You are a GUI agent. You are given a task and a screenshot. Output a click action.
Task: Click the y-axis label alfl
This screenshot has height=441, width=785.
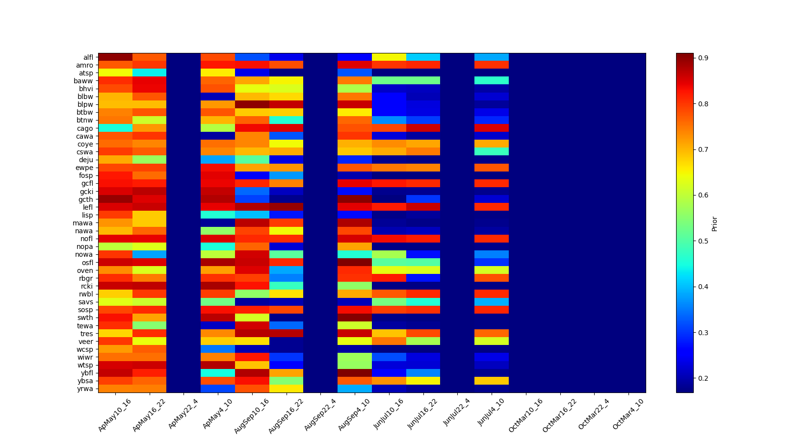[x=88, y=57]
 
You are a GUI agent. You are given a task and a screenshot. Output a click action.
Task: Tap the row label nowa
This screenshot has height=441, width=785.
[x=84, y=254]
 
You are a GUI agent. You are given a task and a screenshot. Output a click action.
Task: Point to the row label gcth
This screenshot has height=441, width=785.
[x=86, y=199]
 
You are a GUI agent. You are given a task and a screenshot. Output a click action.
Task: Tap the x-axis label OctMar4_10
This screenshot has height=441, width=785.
[x=628, y=415]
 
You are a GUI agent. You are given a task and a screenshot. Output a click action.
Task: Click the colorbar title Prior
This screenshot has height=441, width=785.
[x=714, y=223]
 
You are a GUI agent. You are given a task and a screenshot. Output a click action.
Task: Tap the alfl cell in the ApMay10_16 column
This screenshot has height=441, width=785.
[x=115, y=57]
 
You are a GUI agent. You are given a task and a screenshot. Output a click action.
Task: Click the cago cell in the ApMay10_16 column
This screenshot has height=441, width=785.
[x=115, y=128]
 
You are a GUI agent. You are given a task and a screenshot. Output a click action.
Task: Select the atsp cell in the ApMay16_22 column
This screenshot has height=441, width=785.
[x=149, y=73]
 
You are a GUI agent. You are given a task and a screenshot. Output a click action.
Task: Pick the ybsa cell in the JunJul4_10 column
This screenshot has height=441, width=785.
[x=492, y=381]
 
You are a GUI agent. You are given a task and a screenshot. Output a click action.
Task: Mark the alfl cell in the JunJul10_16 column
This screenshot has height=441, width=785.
[x=389, y=57]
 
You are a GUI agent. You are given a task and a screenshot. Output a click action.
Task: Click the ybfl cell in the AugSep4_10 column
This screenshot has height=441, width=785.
[x=355, y=373]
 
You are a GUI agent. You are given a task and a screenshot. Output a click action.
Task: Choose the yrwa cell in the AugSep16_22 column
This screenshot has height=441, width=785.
[x=286, y=389]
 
